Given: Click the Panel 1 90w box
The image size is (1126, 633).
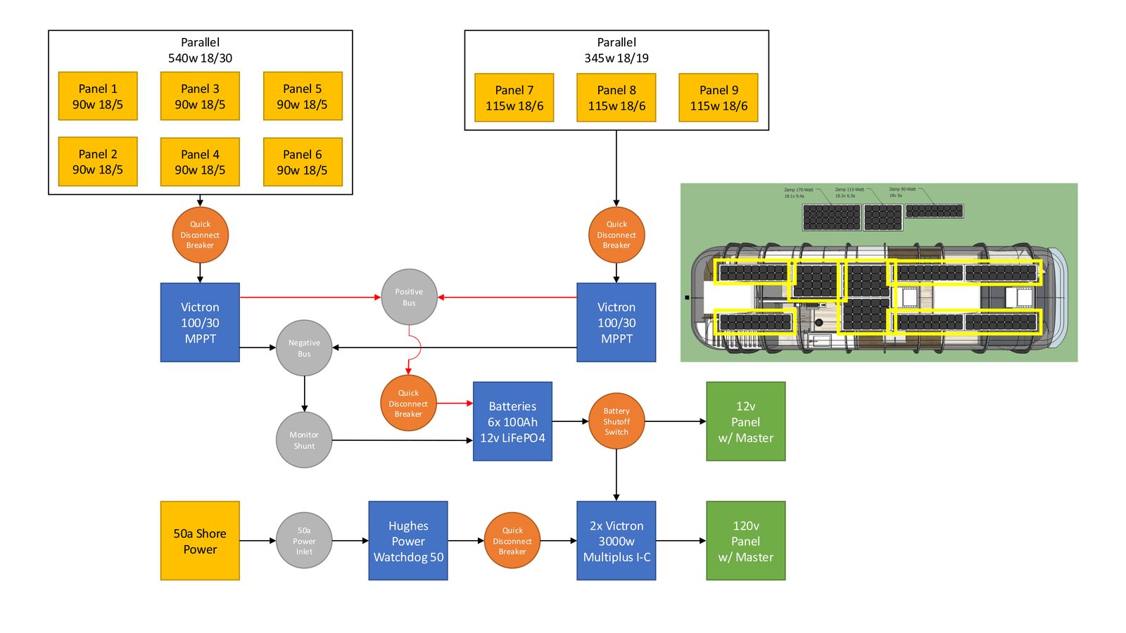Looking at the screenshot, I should point(98,96).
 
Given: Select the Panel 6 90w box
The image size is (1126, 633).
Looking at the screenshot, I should point(303,162).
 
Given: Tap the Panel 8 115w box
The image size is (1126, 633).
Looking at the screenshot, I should point(616,98).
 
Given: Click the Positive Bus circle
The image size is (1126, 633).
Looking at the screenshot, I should point(409,297).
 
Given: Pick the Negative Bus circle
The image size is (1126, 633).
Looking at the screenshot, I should point(304,348).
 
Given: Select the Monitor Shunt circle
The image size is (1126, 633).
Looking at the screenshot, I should point(304,440).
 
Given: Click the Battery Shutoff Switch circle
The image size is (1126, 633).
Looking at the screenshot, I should point(616,421).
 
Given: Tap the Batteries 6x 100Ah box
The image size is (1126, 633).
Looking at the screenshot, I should point(512,421).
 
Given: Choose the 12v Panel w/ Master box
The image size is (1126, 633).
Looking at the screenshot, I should point(745,421).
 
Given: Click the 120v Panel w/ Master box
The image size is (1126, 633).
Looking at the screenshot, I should point(745,541).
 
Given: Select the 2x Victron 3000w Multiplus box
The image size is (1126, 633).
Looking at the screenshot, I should point(616,541).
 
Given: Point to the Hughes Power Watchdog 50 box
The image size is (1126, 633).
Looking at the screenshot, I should point(408,541).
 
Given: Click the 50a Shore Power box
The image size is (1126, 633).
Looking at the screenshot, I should point(200,541).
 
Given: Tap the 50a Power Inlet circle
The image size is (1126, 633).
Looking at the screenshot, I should point(304,541).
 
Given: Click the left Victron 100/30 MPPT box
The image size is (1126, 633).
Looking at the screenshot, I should point(200,322).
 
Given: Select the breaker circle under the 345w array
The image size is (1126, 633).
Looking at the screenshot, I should point(616,235).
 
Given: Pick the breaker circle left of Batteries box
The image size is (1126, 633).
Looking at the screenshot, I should point(408,404).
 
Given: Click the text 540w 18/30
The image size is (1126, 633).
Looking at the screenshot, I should point(200,58).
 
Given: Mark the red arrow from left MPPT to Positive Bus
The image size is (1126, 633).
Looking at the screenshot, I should point(310,298).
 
